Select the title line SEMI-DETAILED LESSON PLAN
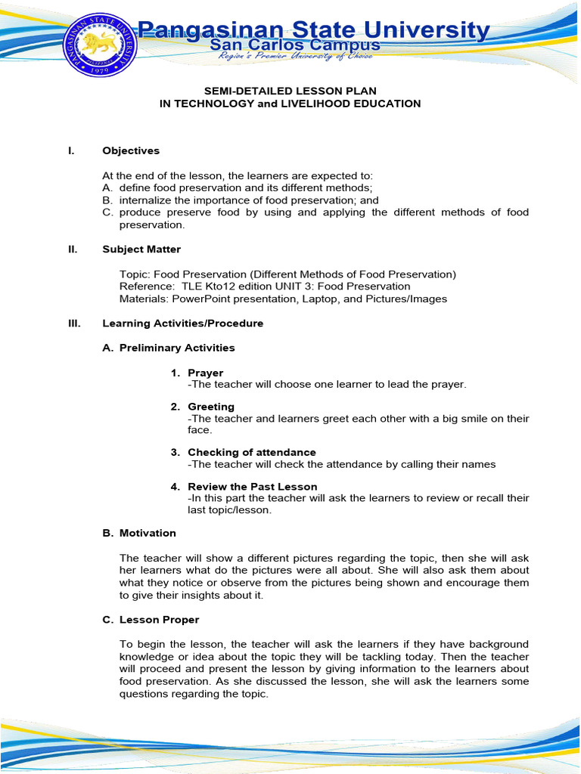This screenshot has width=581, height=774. [290, 91]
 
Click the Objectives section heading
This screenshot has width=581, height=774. [131, 151]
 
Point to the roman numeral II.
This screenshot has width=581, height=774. [73, 249]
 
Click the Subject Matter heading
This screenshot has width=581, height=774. [141, 249]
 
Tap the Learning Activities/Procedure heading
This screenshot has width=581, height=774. [182, 324]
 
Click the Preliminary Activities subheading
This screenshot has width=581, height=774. [177, 348]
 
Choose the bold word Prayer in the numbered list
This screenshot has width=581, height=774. [205, 373]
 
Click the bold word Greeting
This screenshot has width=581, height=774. [211, 407]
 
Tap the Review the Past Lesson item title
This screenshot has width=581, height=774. [252, 487]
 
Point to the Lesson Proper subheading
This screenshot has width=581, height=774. [159, 620]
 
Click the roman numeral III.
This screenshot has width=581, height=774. [74, 324]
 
